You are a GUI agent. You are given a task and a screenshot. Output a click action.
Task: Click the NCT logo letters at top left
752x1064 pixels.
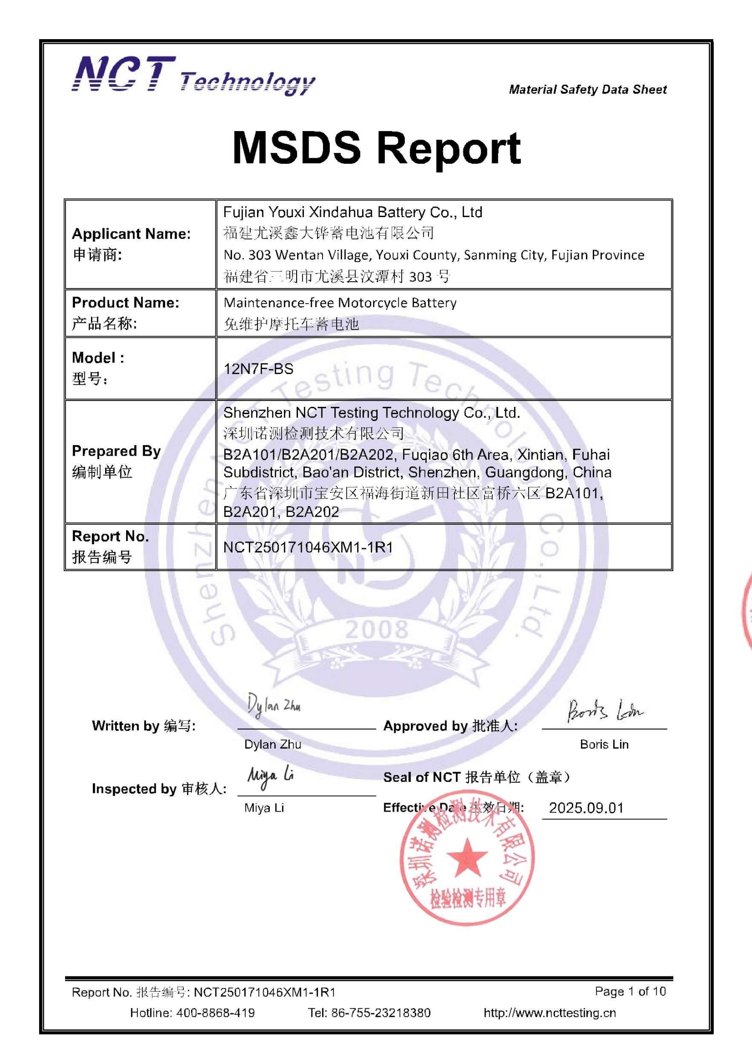tap(123, 74)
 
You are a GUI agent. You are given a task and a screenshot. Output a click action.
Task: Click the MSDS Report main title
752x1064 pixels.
tap(376, 148)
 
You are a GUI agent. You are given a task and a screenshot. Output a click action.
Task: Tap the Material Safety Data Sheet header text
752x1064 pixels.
tap(588, 89)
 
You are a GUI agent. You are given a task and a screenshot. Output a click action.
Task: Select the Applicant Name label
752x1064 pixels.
tap(131, 234)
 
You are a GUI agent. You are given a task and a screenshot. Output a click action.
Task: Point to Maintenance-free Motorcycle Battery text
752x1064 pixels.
tap(340, 303)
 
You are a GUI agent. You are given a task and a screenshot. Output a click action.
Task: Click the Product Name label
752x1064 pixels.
tap(126, 303)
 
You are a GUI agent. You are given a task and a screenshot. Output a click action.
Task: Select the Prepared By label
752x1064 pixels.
tap(116, 451)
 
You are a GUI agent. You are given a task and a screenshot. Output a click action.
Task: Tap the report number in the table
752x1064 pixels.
tap(308, 547)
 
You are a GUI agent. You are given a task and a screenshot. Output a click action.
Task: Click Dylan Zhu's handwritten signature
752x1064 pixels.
tap(273, 706)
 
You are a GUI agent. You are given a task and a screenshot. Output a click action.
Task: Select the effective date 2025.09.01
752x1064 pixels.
tap(586, 808)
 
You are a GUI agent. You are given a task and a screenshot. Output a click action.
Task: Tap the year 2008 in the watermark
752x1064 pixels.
tap(376, 630)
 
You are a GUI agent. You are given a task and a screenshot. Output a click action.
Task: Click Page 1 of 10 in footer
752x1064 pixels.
tap(630, 991)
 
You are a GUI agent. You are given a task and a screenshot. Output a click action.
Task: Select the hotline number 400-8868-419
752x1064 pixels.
tap(215, 1013)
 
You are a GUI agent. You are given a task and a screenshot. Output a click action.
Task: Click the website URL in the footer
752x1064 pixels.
tap(549, 1013)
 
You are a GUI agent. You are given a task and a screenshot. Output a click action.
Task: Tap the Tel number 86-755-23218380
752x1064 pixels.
tap(380, 1013)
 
